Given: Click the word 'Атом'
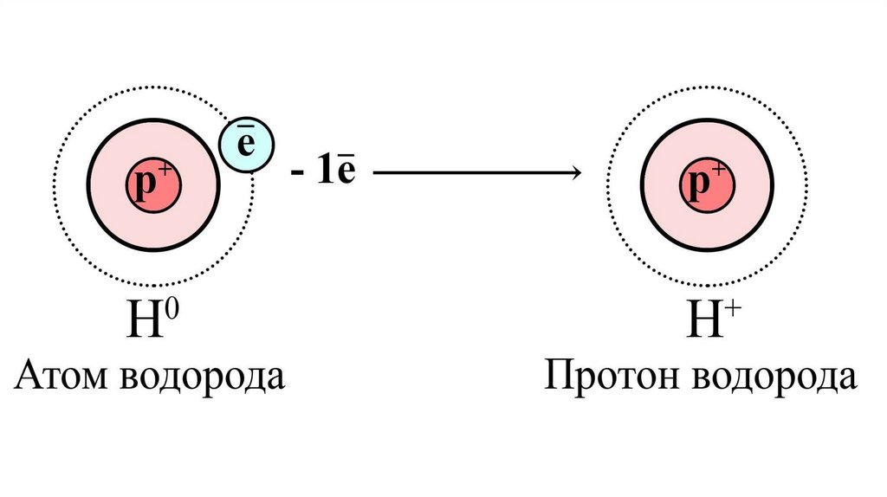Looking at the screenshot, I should coord(62,378).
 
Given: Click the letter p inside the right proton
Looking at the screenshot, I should coord(699,187).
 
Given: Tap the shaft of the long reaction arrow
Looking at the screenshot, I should coord(468,174).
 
